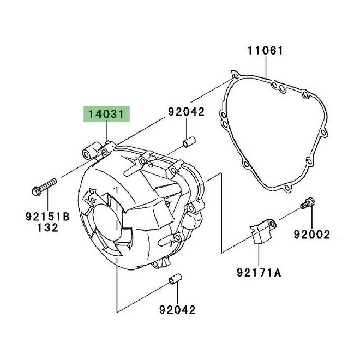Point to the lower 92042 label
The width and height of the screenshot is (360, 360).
(177, 310)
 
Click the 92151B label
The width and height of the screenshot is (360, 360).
(48, 217)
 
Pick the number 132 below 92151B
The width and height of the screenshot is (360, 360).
(47, 227)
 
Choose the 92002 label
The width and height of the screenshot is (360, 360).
(312, 235)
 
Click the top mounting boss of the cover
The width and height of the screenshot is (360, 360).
(94, 151)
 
